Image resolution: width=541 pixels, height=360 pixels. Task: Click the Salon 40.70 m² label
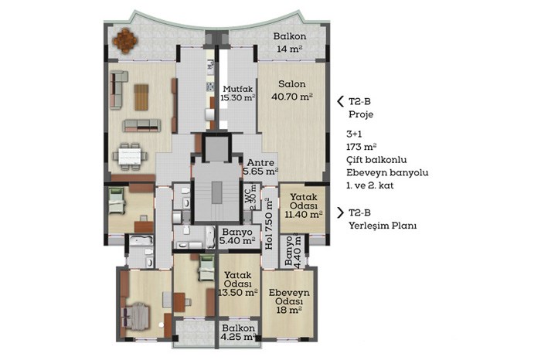tap(292, 90)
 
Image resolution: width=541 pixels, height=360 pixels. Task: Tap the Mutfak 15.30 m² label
tap(238, 93)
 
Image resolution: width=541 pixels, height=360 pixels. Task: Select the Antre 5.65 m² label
tap(260, 167)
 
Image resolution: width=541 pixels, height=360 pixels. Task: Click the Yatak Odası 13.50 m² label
tap(238, 284)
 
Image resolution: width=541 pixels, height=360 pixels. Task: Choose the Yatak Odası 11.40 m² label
tap(304, 205)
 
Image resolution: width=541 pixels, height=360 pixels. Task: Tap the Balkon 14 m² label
tap(290, 42)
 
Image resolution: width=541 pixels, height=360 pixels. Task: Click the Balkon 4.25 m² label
tap(238, 332)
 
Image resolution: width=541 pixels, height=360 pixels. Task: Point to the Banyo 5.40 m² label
tap(237, 236)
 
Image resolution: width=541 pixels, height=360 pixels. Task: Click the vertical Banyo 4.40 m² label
tap(293, 250)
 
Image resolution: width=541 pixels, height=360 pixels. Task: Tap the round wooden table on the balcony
tap(125, 40)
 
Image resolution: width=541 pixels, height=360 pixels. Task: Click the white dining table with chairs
tap(130, 157)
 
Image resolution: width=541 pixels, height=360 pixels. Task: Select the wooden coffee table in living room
tap(141, 97)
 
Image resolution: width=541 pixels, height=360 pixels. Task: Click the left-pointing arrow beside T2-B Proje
tap(341, 101)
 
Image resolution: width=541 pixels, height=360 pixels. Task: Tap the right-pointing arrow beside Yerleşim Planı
tap(341, 212)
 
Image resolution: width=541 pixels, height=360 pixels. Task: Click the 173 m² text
tap(361, 147)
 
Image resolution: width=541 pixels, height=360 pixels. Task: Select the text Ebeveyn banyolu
tap(387, 173)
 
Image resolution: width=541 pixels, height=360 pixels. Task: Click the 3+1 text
tap(354, 134)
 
